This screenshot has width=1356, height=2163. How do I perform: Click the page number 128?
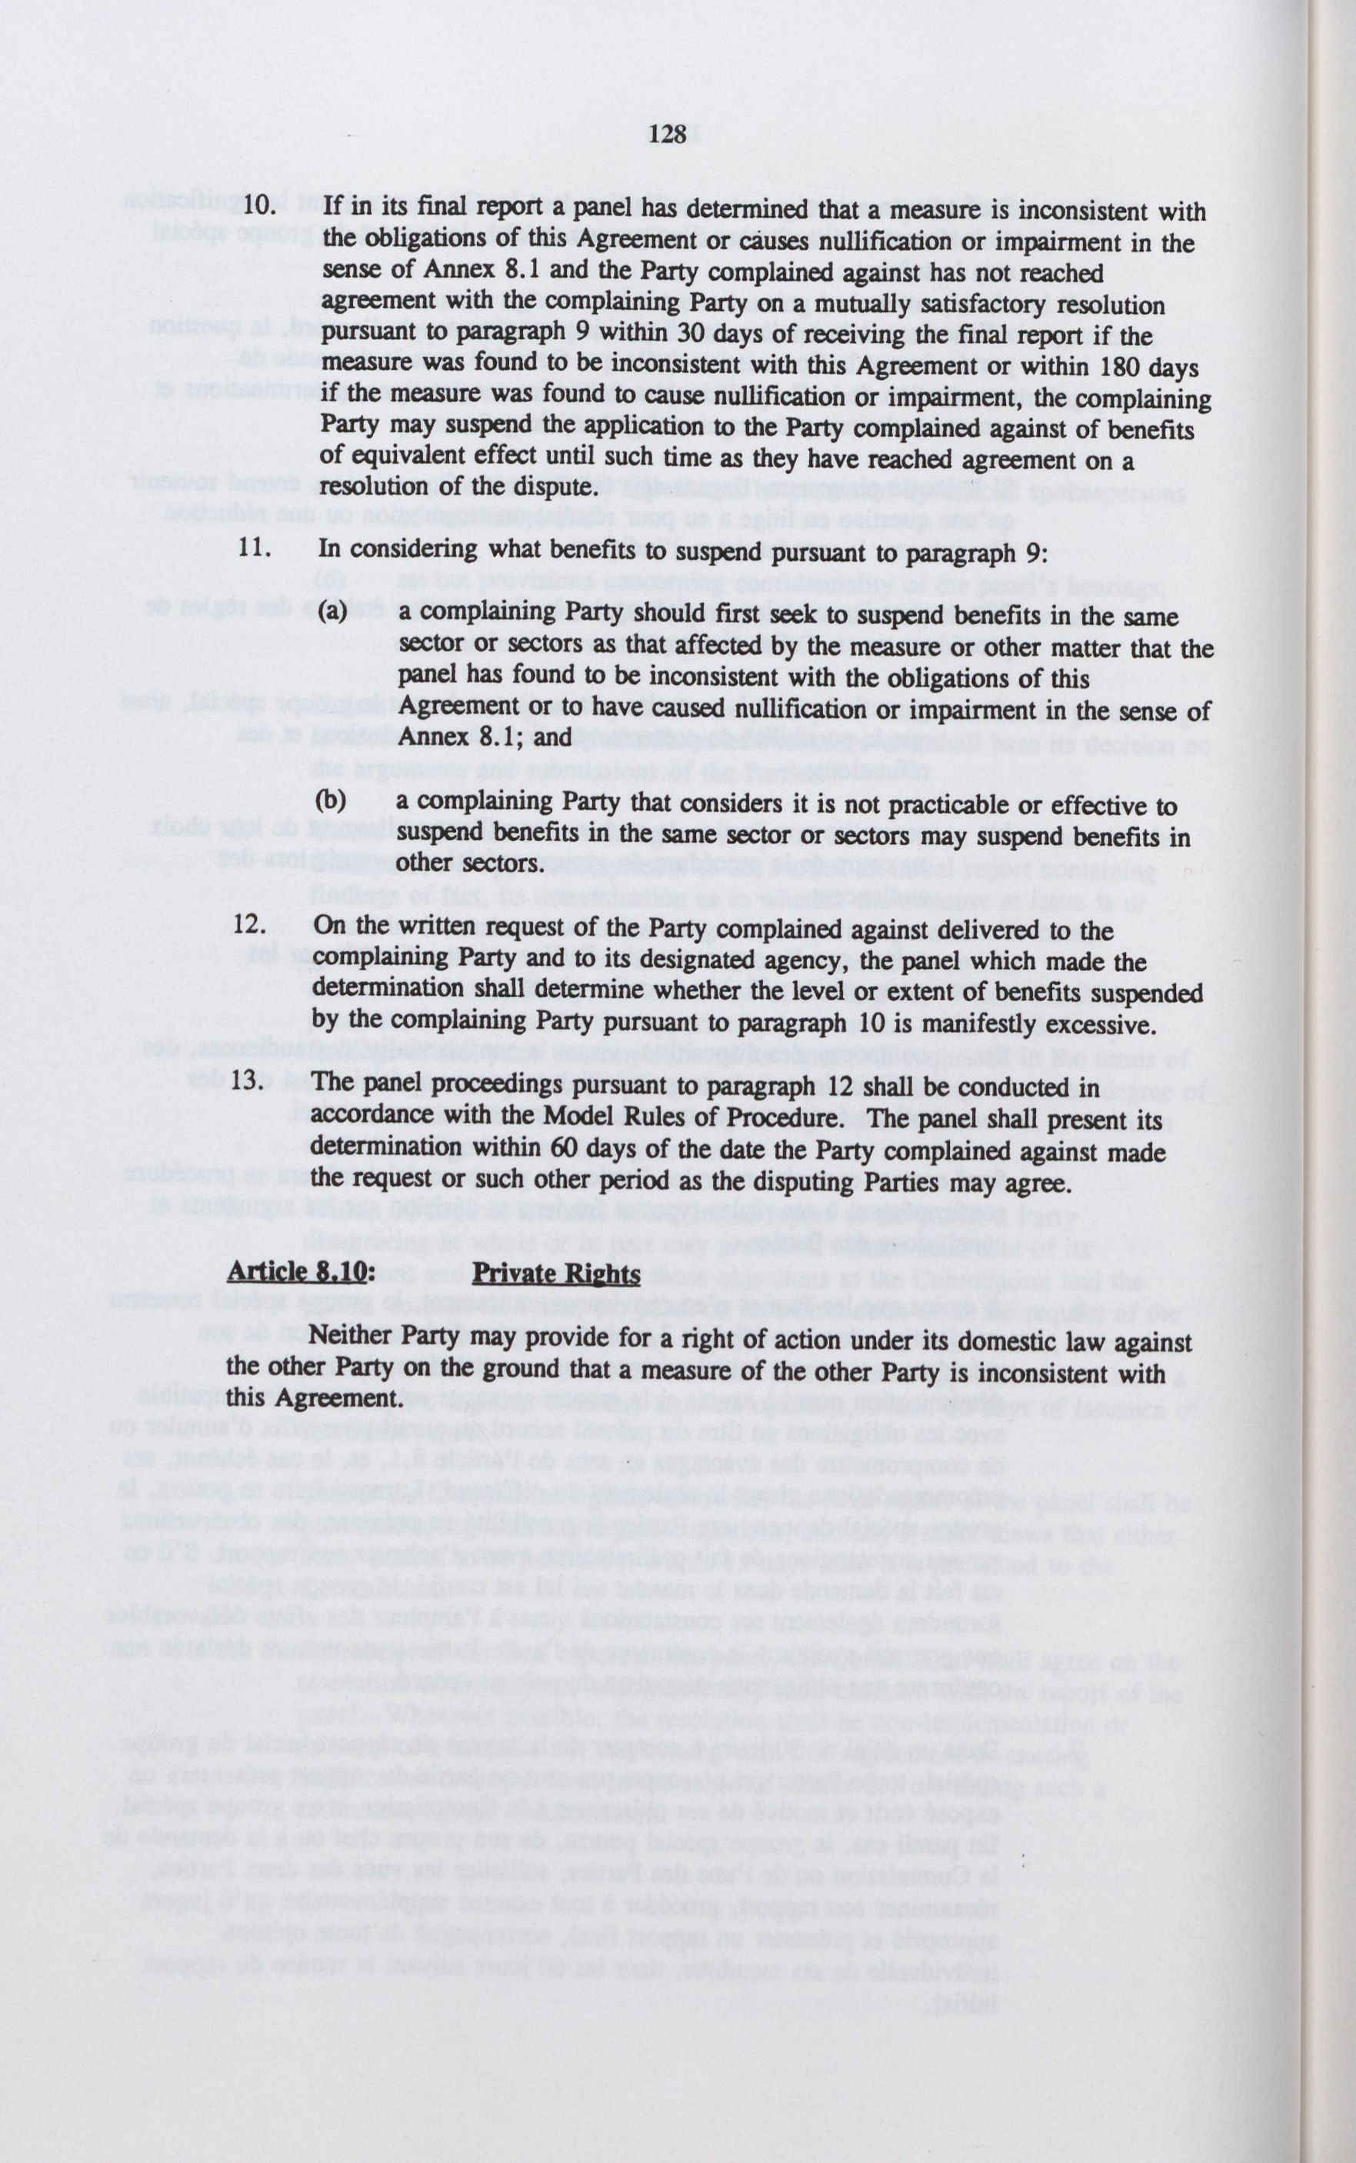point(668,135)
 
